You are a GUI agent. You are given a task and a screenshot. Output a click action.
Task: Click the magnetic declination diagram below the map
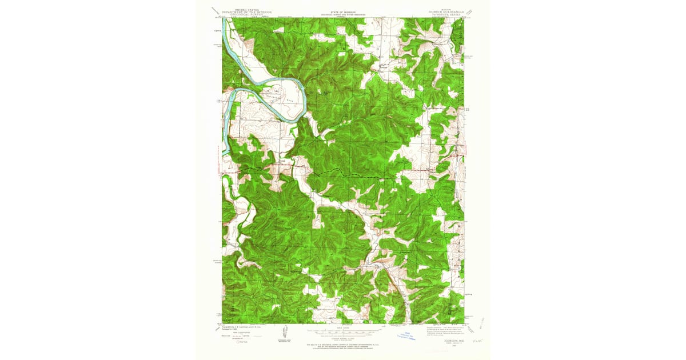[x=284, y=336]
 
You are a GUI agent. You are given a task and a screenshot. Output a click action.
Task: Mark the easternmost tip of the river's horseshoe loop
[x=307, y=97]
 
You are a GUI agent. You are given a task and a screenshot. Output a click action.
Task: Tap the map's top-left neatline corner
[x=222, y=17]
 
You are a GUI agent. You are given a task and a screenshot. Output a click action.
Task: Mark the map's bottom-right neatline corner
[x=464, y=324]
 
